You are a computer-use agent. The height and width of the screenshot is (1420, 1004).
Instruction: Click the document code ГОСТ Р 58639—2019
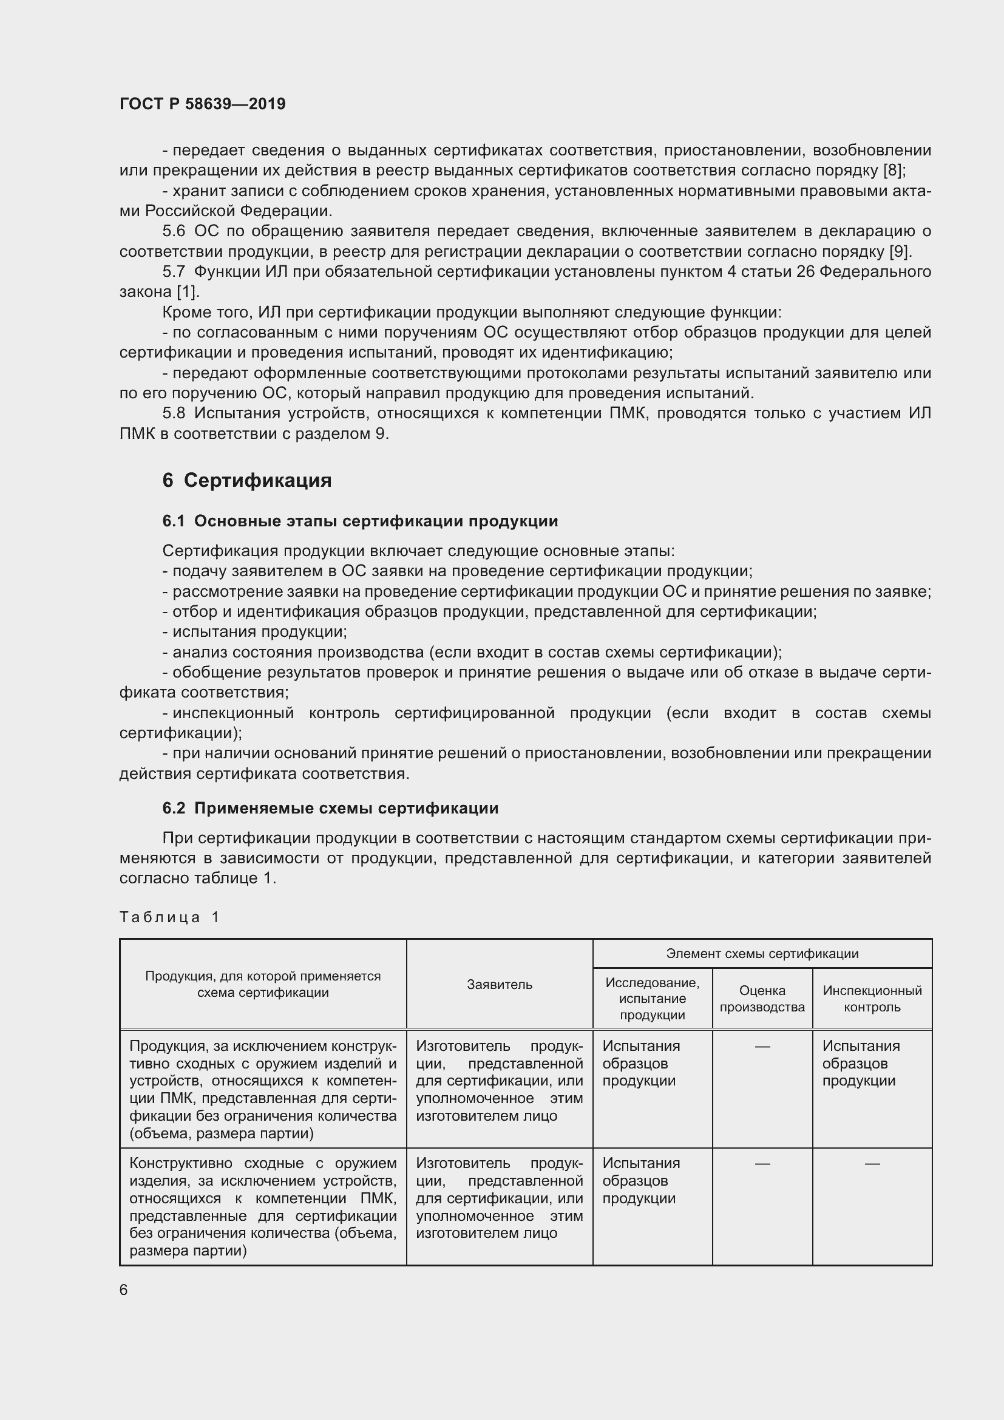pos(202,104)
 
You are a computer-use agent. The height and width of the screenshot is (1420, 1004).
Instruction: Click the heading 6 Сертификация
pos(246,481)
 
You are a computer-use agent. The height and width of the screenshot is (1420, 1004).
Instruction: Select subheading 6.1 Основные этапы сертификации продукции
pos(360,521)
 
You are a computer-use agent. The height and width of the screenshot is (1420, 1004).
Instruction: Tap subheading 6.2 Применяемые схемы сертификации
pos(330,807)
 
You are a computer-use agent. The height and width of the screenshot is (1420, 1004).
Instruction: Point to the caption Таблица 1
pos(169,917)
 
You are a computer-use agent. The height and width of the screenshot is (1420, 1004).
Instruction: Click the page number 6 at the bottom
pos(124,1289)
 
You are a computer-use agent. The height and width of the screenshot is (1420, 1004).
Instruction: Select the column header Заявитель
pos(499,985)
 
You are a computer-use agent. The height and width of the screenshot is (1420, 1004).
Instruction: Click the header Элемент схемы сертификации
pos(762,953)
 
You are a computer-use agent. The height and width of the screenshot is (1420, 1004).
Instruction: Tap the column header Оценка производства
pos(762,998)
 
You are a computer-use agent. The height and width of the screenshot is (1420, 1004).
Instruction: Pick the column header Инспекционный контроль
pos(872,998)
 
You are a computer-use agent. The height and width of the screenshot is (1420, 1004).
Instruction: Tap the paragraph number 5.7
pos(174,271)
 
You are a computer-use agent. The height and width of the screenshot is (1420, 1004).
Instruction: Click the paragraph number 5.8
pos(174,413)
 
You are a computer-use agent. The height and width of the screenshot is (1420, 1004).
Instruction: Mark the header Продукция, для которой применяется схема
pos(263,984)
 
